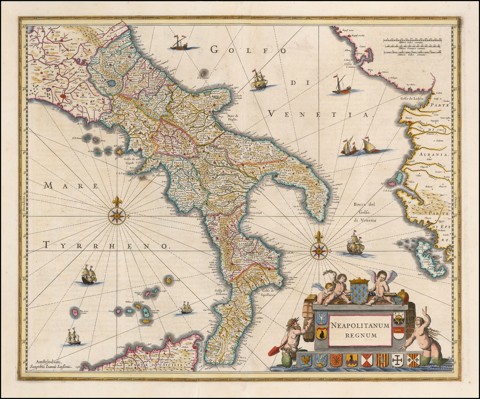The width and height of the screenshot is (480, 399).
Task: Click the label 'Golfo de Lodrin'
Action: pos(412,98)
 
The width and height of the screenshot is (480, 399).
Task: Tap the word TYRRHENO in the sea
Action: pos(105,245)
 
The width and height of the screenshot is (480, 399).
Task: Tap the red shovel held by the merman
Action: pos(274,351)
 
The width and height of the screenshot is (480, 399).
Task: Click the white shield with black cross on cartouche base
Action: pos(397,360)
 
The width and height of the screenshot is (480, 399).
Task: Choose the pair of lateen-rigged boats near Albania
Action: pos(360,146)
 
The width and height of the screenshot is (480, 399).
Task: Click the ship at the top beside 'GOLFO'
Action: pos(179,43)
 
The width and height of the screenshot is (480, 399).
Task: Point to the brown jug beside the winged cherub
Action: pos(403,296)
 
